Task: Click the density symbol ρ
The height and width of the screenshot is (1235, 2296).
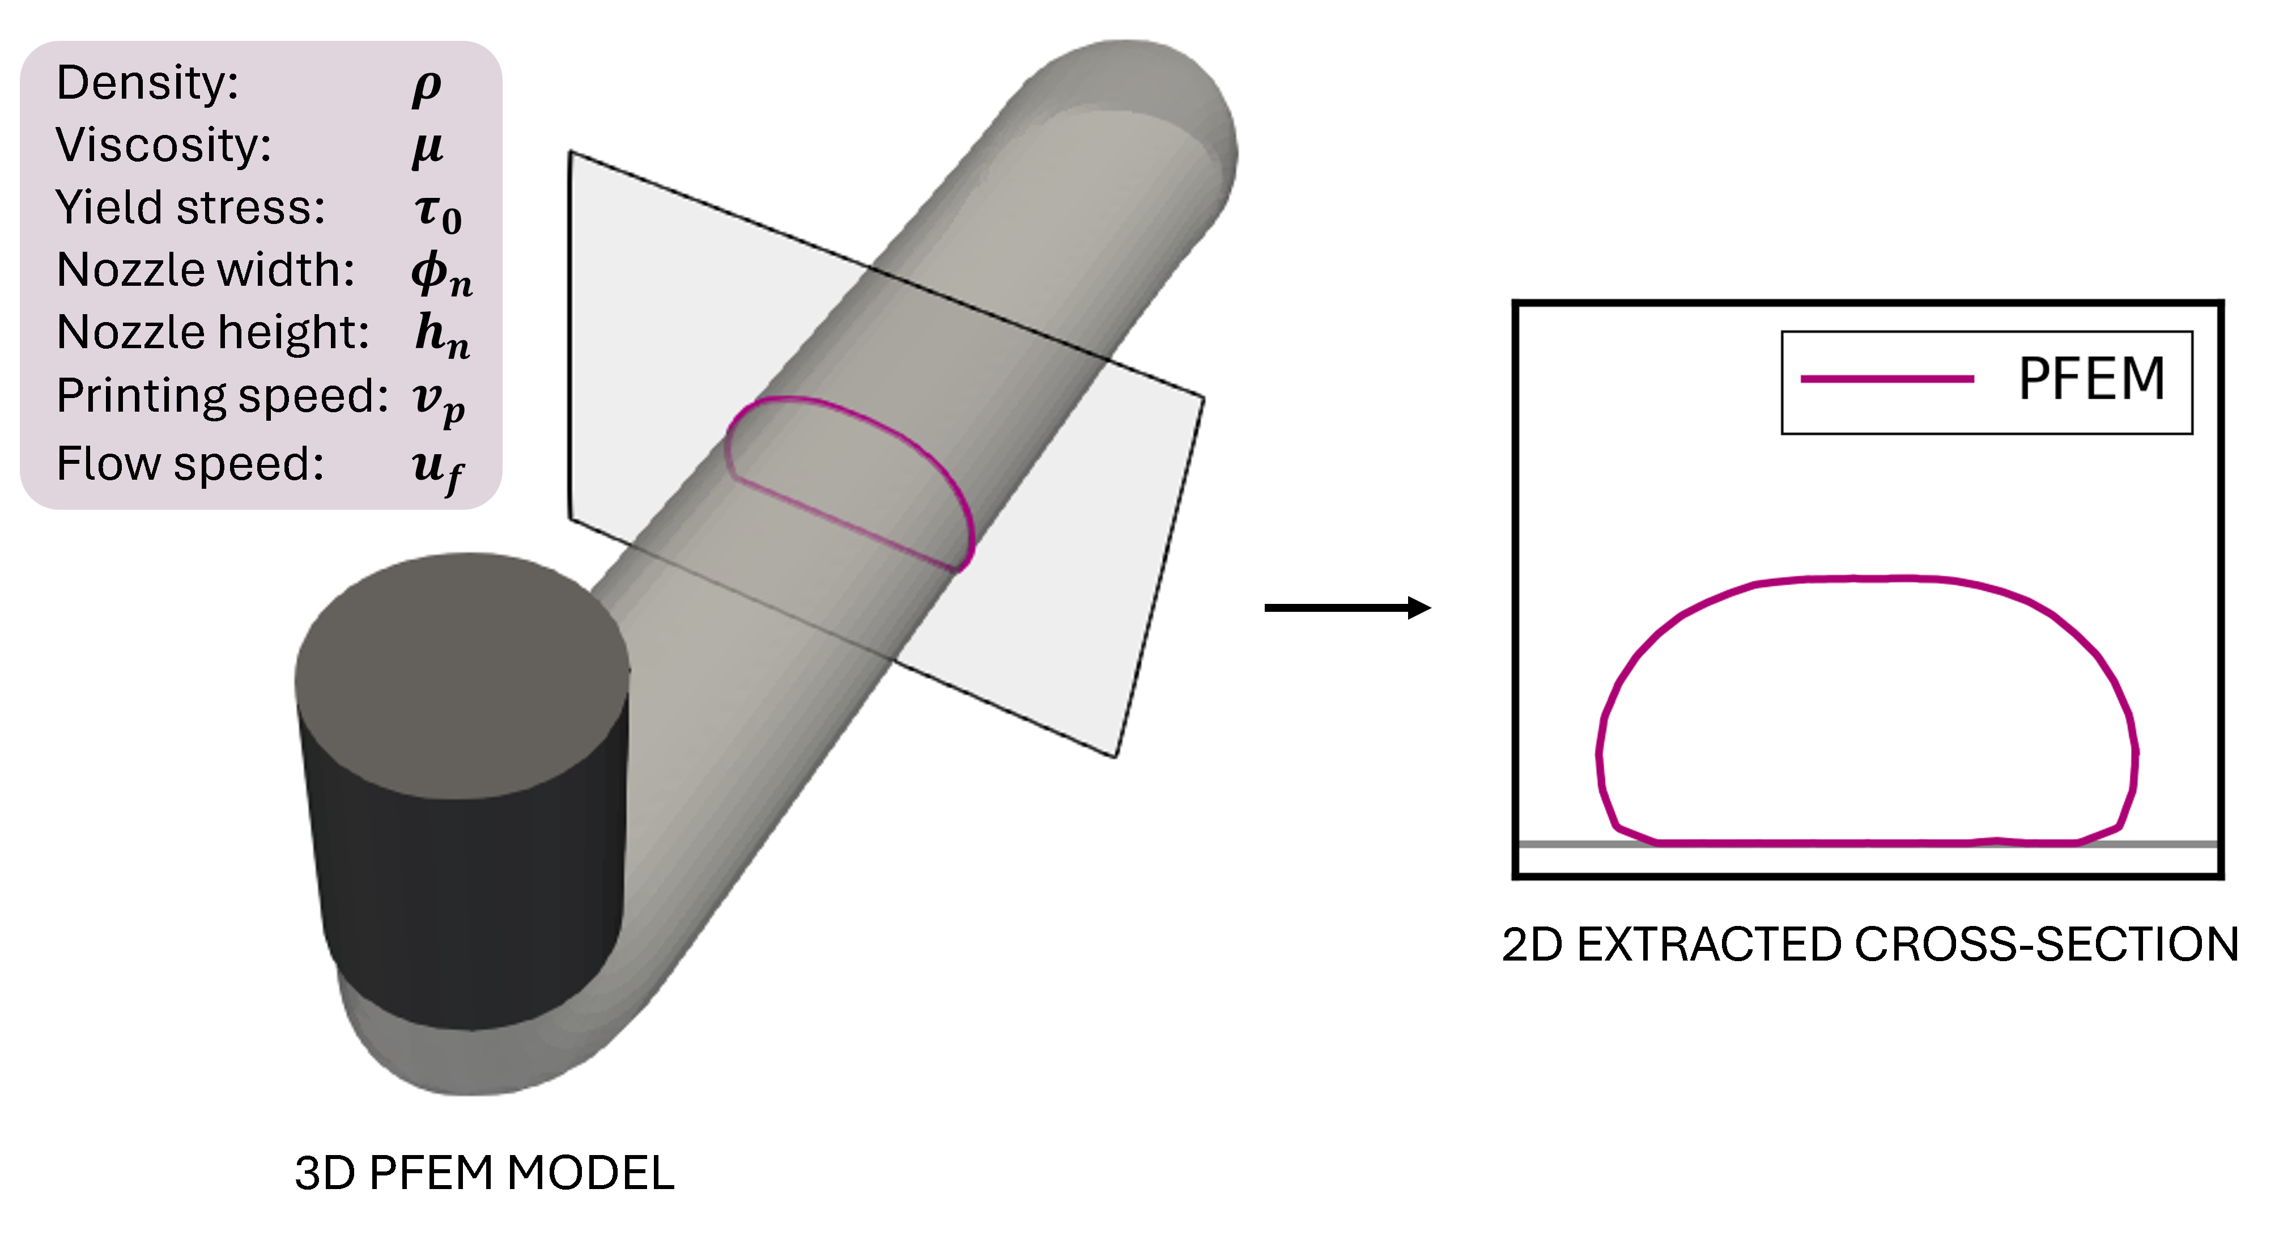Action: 427,87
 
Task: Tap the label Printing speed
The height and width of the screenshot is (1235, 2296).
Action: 223,396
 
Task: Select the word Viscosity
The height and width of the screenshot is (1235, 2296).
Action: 164,145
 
